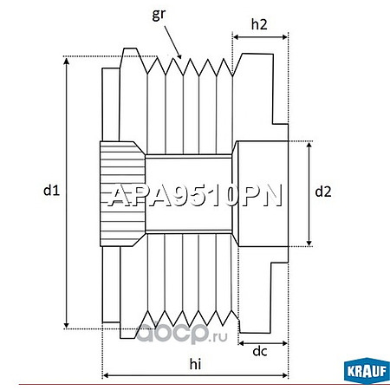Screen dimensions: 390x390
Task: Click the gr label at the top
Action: point(159,15)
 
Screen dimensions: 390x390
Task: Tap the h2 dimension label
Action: point(259,24)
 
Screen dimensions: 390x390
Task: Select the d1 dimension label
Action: point(51,190)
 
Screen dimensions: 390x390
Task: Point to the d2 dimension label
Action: point(323,192)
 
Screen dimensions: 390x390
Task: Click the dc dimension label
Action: point(260,351)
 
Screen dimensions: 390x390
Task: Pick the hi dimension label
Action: point(195,364)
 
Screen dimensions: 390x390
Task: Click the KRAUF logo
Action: point(367,371)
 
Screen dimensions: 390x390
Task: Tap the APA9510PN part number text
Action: point(195,196)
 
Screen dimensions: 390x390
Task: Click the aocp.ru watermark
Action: point(182,333)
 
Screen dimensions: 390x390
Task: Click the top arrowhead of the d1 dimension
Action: point(67,61)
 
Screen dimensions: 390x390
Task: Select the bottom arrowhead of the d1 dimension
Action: point(67,325)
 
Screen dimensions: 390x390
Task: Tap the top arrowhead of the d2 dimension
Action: point(309,146)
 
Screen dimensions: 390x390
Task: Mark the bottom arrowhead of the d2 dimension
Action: point(309,243)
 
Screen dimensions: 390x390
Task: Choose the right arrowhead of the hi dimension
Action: point(284,375)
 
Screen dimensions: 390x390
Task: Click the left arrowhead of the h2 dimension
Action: point(237,37)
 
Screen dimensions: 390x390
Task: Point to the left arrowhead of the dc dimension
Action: point(242,343)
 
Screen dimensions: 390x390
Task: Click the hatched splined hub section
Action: point(122,194)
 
